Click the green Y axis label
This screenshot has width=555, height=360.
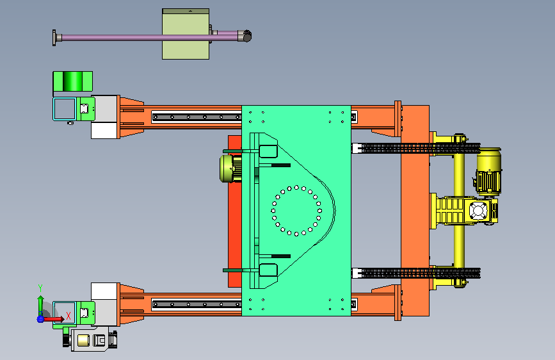pos(40,288)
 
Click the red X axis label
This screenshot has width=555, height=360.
pos(68,316)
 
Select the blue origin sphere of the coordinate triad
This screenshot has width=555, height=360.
pos(40,319)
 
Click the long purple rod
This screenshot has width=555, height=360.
pos(149,37)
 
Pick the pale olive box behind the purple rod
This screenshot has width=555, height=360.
pos(186,34)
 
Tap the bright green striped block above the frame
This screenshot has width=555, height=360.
pos(72,81)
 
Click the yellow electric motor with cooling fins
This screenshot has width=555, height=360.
pos(488,172)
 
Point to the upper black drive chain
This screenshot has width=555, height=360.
pos(417,148)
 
